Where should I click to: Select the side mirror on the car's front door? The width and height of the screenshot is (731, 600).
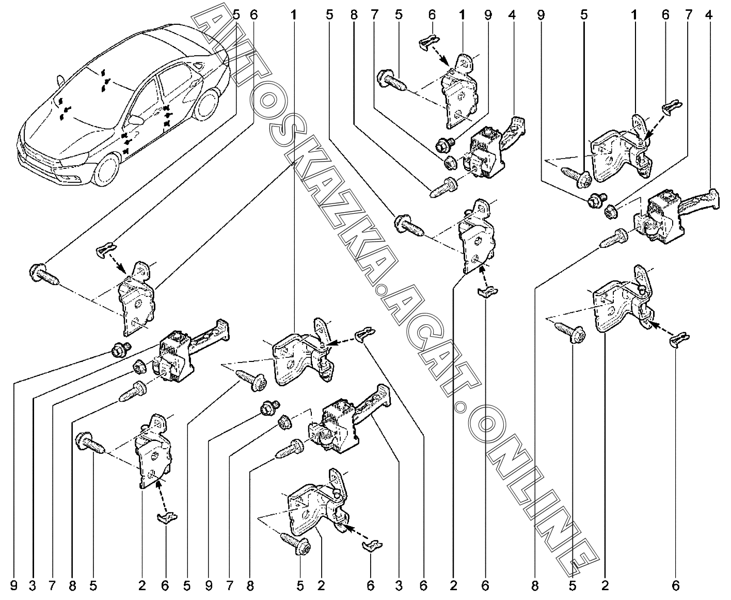click(136, 120)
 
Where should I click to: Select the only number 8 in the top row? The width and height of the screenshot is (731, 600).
click(354, 15)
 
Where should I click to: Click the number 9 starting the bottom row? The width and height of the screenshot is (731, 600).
click(13, 586)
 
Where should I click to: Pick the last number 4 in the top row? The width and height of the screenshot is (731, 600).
click(709, 15)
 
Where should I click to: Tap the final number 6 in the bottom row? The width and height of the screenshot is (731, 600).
click(676, 586)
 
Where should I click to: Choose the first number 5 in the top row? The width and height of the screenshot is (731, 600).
click(236, 15)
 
